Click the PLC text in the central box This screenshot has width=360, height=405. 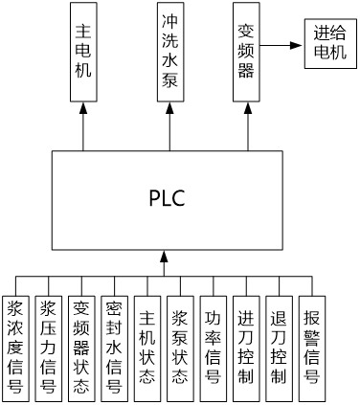point(167,198)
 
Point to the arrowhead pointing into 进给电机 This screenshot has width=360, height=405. point(296,45)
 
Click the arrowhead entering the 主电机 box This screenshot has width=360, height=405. point(83,108)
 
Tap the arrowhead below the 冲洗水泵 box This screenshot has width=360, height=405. point(169,108)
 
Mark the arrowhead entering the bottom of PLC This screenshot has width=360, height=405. point(164,257)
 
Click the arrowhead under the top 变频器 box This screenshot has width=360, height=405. point(248,108)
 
